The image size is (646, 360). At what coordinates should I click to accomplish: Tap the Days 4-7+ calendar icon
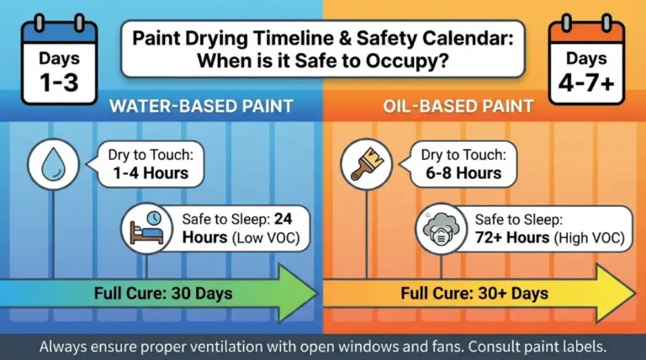click(x=586, y=63)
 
